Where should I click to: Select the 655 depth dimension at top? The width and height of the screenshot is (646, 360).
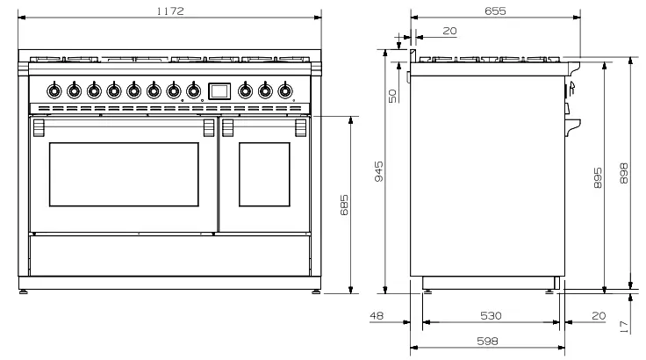click(495, 10)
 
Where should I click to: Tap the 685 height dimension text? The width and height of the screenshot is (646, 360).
click(344, 207)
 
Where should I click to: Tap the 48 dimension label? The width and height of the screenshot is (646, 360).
click(377, 315)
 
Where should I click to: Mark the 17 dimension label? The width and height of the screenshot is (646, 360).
click(624, 326)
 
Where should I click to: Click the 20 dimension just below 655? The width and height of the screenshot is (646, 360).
click(449, 32)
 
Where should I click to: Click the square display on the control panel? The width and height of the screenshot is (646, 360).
click(219, 90)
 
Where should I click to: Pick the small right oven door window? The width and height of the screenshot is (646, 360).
click(263, 172)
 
